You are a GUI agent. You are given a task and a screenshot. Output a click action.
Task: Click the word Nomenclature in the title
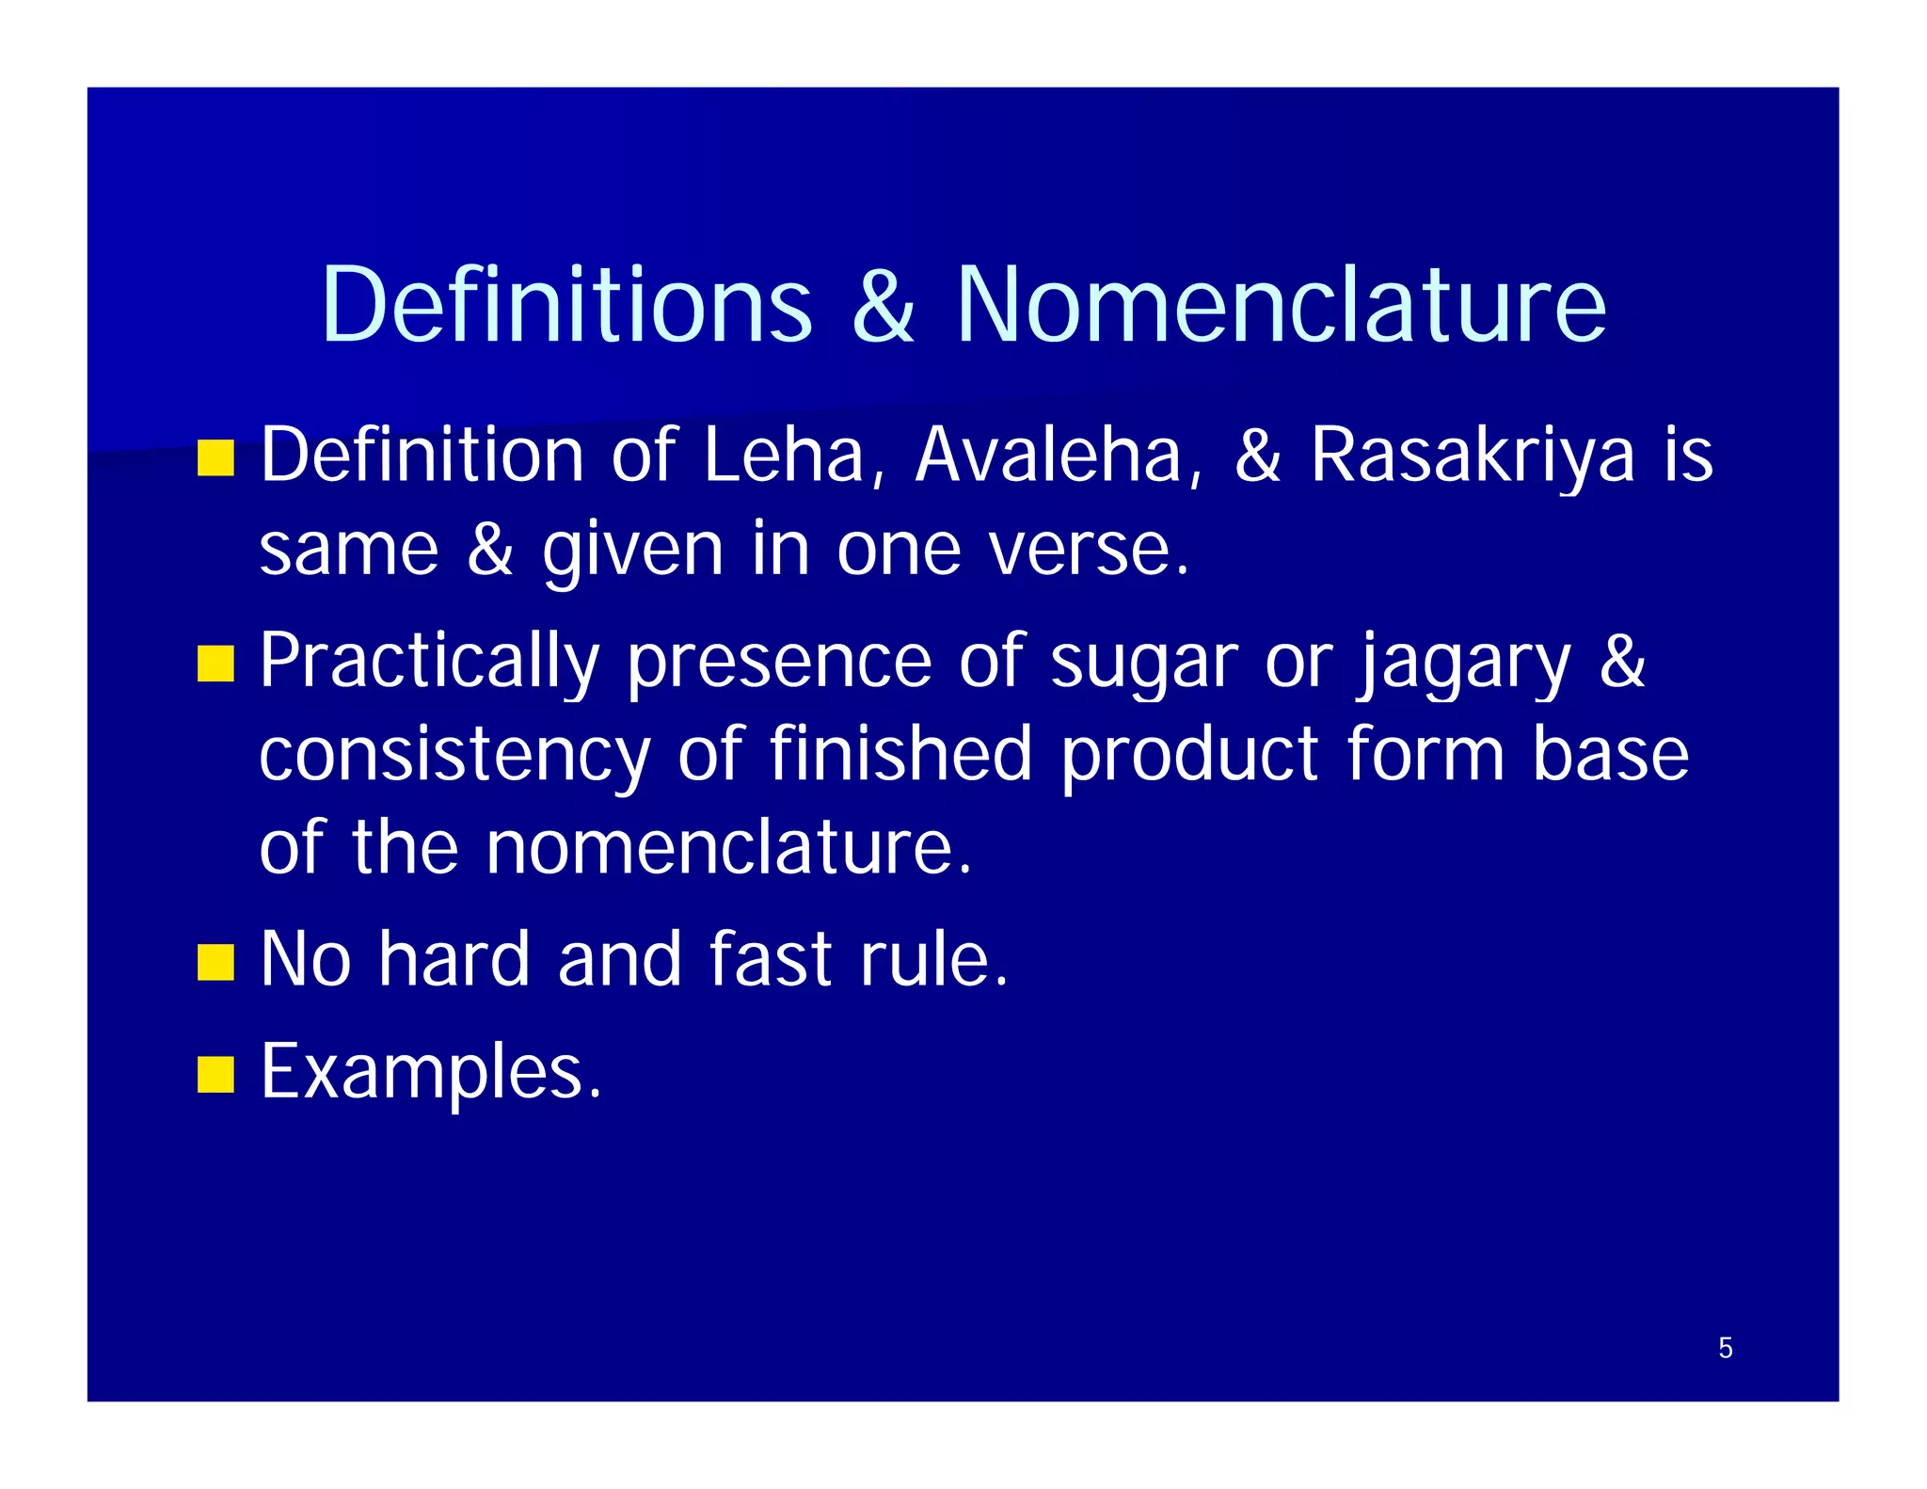[1281, 305]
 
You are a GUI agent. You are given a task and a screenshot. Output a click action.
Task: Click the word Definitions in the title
[566, 305]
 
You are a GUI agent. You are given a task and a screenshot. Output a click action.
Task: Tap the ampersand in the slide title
[883, 307]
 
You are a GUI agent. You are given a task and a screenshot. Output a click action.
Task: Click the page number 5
[1725, 1348]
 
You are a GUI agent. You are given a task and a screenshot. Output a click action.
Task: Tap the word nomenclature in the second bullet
[728, 848]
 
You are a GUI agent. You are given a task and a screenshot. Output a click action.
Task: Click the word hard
[454, 959]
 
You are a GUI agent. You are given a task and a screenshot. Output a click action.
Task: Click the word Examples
[430, 1073]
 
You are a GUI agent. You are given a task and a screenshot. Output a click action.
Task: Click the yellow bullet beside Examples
[215, 1074]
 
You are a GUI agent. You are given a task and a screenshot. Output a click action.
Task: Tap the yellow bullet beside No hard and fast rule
[215, 963]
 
